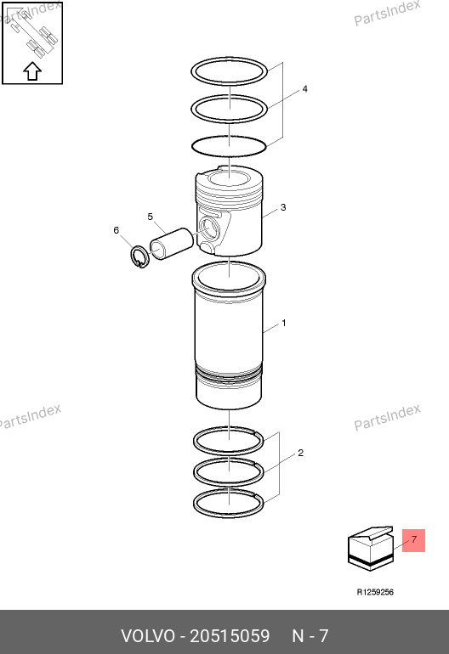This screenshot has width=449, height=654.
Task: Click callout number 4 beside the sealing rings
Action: [x=305, y=89]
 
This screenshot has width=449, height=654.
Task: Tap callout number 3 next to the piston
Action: [x=283, y=207]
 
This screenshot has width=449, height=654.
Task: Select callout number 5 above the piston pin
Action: [x=151, y=217]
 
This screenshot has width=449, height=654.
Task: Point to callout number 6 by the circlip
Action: [x=117, y=230]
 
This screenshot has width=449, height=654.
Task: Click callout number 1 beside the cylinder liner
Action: [x=284, y=323]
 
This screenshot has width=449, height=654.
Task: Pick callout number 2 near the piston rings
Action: [x=301, y=453]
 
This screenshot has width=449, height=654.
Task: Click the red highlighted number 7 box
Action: [x=413, y=540]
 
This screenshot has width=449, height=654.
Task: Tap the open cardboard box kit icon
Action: [x=371, y=549]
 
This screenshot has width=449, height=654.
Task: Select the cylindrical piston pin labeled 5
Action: [x=172, y=244]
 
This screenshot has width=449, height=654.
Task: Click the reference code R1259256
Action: [x=375, y=592]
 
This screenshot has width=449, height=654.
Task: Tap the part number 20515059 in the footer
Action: [x=230, y=636]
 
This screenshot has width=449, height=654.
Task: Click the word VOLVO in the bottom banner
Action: [x=148, y=636]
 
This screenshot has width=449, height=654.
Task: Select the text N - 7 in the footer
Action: [x=310, y=636]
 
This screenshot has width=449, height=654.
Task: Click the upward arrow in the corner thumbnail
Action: [x=32, y=70]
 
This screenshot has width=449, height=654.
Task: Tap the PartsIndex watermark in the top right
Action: [x=387, y=13]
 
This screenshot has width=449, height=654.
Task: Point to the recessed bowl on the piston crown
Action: [x=229, y=180]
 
